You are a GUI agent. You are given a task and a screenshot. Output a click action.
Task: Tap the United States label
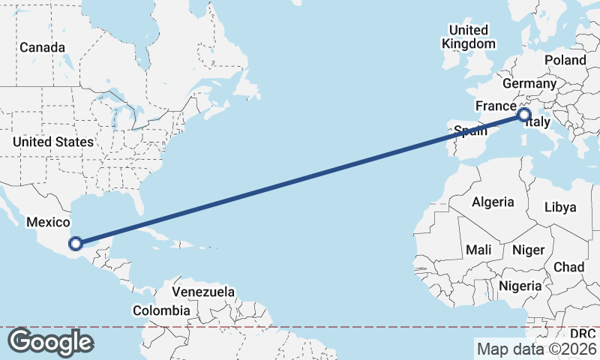click(52, 142)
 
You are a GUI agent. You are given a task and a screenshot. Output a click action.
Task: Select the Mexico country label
click(48, 222)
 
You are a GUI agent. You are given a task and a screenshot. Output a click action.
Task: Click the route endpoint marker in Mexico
click(76, 243)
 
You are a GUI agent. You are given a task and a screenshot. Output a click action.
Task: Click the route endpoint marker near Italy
click(523, 115)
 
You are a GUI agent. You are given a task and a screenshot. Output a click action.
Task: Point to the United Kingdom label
click(469, 37)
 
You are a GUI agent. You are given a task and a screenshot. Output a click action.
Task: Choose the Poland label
click(565, 60)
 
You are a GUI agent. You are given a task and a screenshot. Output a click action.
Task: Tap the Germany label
click(529, 83)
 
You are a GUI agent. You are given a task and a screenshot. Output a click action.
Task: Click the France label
click(496, 106)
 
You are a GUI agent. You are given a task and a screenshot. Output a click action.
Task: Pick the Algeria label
click(493, 202)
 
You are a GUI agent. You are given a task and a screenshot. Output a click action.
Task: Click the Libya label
click(562, 206)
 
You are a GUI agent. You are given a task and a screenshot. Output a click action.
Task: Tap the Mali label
click(479, 249)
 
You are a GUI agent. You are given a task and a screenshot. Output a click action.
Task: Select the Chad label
click(568, 267)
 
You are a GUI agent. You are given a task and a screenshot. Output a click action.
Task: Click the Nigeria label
click(519, 286)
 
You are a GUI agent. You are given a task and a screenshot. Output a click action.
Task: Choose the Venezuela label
click(203, 292)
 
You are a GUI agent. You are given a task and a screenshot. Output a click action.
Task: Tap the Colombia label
click(161, 310)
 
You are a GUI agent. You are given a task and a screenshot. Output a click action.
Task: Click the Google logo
click(50, 342)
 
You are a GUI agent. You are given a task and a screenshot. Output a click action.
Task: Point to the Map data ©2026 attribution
click(537, 349)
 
